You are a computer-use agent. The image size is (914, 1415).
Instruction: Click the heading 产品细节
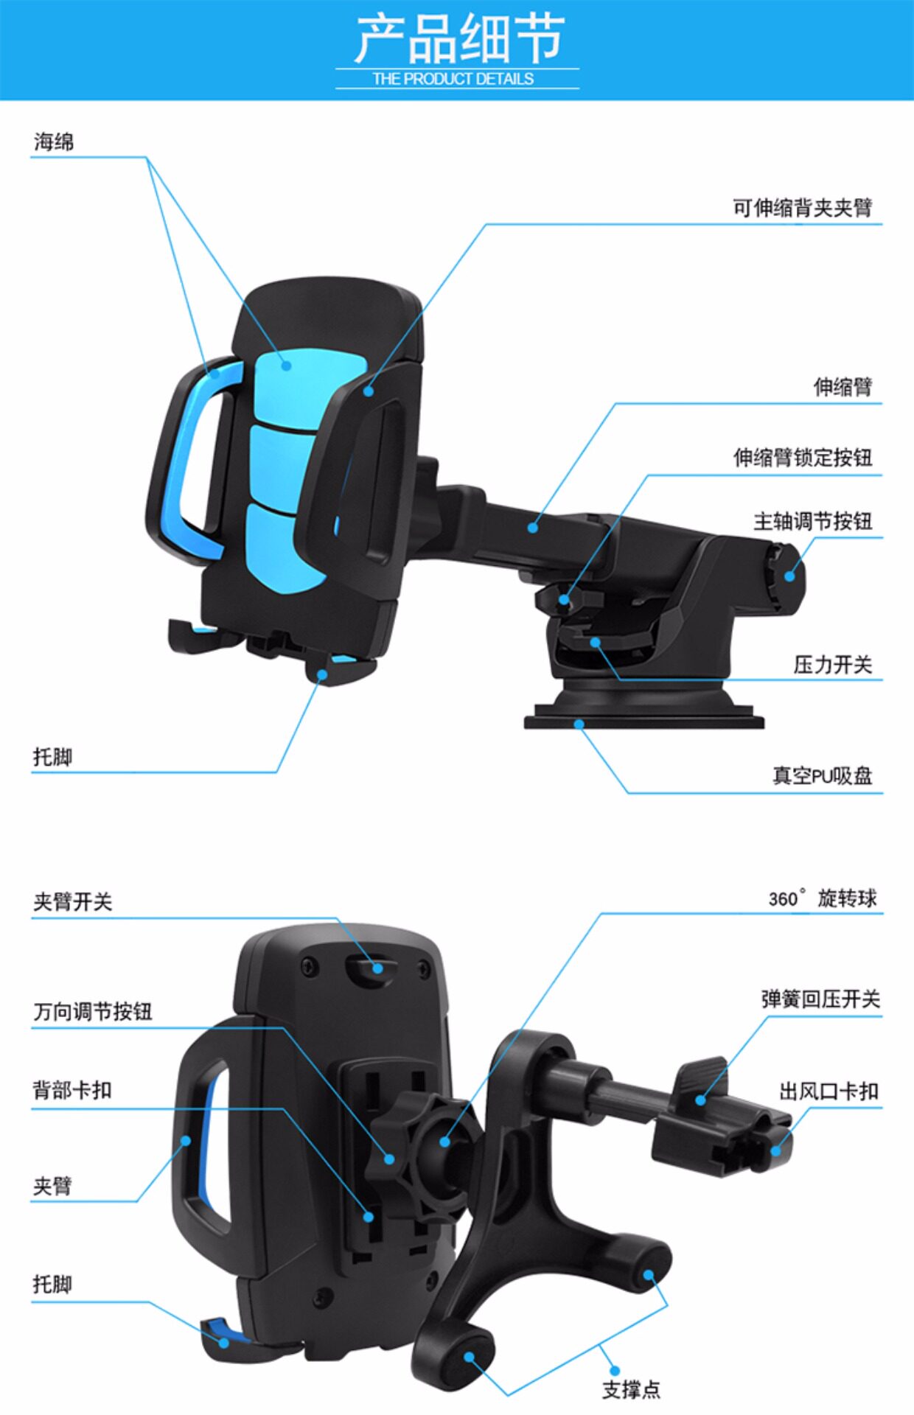pyautogui.click(x=458, y=38)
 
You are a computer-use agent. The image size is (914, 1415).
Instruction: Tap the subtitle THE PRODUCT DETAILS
pyautogui.click(x=453, y=79)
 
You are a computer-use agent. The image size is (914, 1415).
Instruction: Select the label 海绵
pyautogui.click(x=54, y=141)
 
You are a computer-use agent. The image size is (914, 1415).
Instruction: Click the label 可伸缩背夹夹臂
pyautogui.click(x=802, y=208)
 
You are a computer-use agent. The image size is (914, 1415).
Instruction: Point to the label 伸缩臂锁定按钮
pyautogui.click(x=802, y=458)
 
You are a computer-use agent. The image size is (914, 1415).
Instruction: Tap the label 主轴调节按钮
pyautogui.click(x=812, y=522)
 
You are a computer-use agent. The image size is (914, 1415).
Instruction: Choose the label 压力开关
pyautogui.click(x=832, y=665)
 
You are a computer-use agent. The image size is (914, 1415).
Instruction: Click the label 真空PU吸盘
pyautogui.click(x=822, y=775)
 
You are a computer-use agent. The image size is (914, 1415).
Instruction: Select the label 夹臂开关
pyautogui.click(x=72, y=902)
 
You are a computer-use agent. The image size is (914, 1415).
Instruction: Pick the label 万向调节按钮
pyautogui.click(x=92, y=1011)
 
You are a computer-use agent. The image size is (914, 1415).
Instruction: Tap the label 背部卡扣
pyautogui.click(x=71, y=1090)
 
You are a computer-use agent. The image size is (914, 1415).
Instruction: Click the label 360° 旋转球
pyautogui.click(x=823, y=898)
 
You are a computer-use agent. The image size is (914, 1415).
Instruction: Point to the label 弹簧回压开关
pyautogui.click(x=820, y=999)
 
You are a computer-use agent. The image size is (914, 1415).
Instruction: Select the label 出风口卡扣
pyautogui.click(x=828, y=1091)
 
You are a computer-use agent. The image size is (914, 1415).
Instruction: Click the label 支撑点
pyautogui.click(x=631, y=1389)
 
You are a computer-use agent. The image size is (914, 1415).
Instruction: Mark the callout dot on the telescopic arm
pyautogui.click(x=533, y=527)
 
